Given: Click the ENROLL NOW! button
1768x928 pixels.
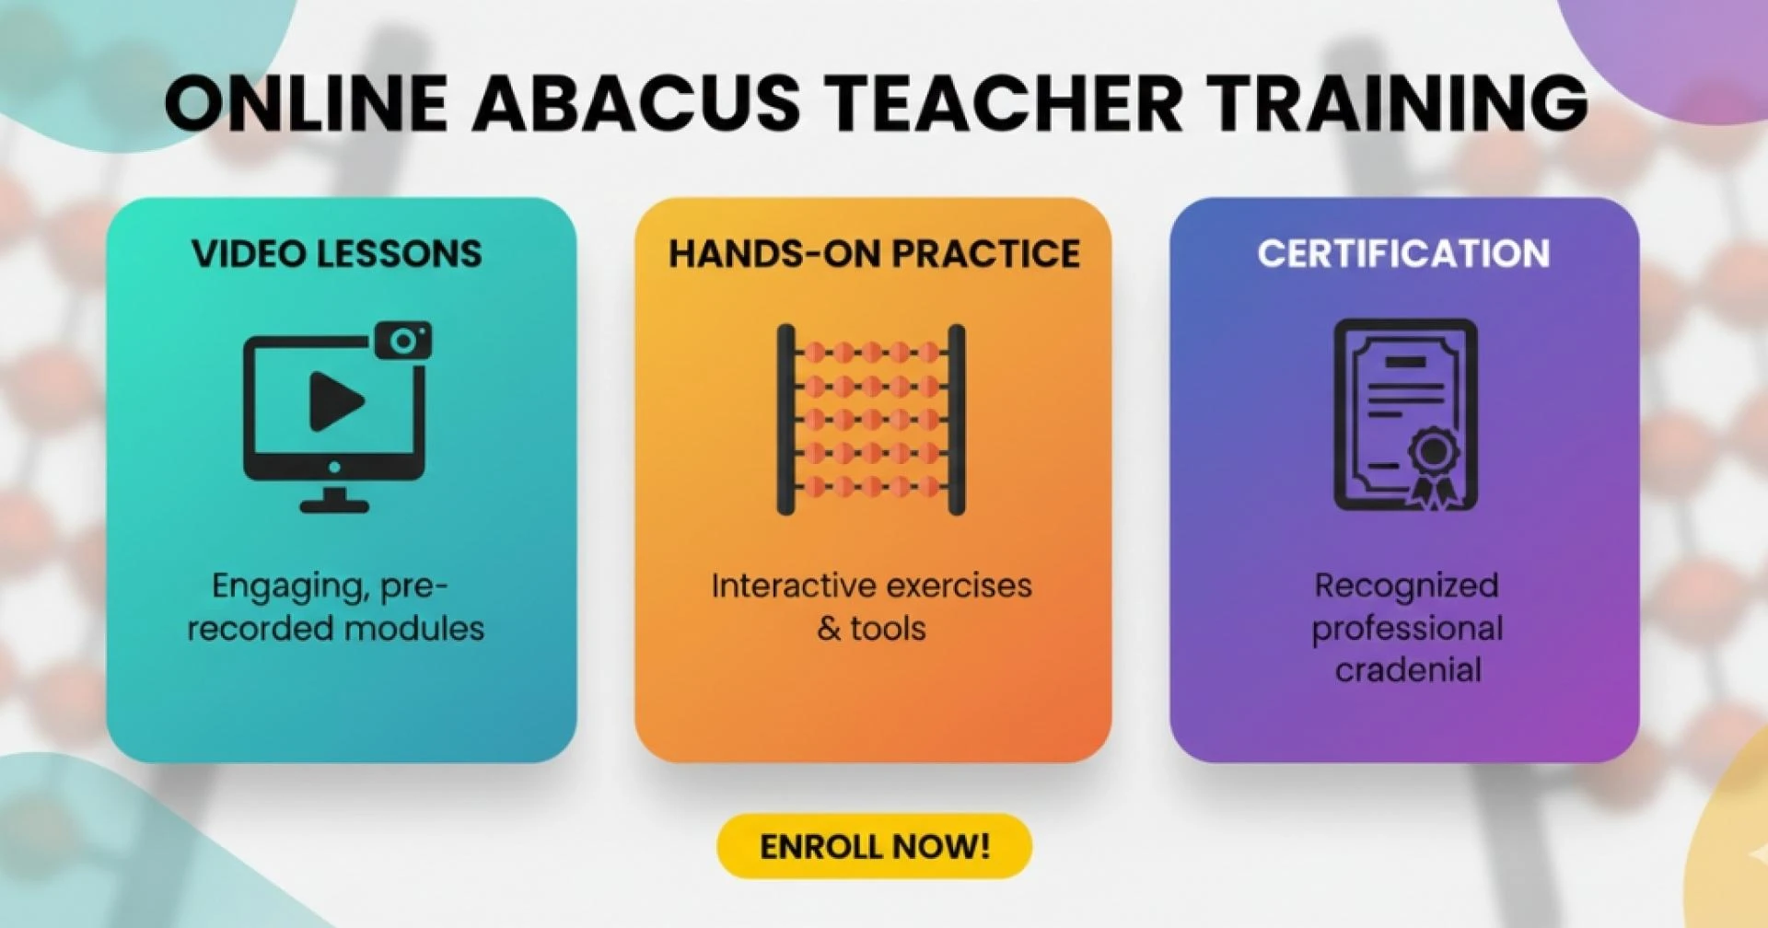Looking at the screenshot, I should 874,845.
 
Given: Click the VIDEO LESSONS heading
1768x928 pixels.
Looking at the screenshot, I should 337,254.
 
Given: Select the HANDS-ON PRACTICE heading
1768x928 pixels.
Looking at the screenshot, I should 874,254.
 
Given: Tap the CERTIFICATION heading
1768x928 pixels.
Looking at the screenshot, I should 1403,254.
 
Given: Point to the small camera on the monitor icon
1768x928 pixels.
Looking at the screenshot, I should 403,341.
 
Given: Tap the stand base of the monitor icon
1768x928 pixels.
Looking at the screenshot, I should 334,504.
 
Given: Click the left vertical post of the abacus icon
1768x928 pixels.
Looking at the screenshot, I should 785,420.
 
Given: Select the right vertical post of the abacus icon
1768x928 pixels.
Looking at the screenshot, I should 957,420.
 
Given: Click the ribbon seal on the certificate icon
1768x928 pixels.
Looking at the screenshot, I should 1432,465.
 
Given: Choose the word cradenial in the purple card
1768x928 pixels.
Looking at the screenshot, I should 1408,670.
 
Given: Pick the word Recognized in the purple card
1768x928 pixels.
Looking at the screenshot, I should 1406,586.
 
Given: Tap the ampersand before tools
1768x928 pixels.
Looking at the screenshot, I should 829,629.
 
